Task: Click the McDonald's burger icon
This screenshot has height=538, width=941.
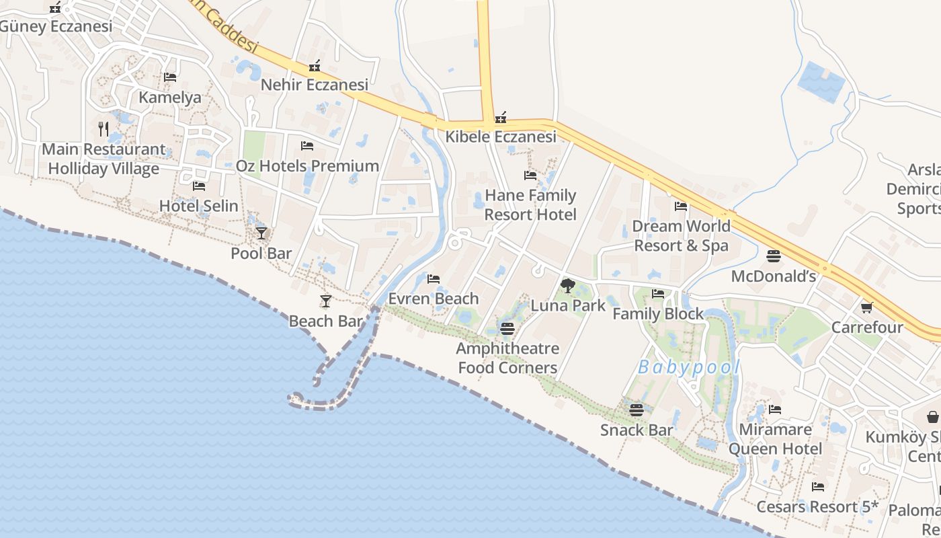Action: click(x=773, y=256)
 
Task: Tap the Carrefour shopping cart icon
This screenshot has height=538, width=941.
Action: click(x=866, y=307)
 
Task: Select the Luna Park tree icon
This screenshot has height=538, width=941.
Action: click(x=568, y=286)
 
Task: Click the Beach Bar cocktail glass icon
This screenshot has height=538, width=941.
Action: click(x=326, y=301)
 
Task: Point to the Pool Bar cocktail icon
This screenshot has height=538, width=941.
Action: click(x=261, y=233)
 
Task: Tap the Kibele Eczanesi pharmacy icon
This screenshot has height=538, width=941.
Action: click(x=501, y=118)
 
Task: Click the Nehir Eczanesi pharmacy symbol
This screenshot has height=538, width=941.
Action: click(x=314, y=66)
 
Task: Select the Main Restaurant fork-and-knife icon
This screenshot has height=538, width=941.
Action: click(x=103, y=128)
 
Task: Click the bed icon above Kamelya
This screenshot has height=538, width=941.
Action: click(x=170, y=77)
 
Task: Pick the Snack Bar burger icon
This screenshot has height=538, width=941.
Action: click(x=636, y=410)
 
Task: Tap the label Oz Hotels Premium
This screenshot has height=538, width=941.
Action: click(x=307, y=165)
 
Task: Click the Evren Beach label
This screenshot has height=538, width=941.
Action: click(x=434, y=298)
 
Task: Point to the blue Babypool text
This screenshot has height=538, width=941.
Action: click(x=688, y=367)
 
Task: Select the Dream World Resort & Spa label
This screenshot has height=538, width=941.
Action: click(x=681, y=235)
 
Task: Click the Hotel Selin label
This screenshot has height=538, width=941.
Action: click(x=198, y=206)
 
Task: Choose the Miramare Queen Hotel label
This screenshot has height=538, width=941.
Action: click(x=775, y=438)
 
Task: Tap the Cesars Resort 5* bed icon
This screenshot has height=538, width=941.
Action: click(x=818, y=487)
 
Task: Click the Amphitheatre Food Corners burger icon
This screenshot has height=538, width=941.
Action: click(x=507, y=329)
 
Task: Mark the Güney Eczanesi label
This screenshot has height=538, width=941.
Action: click(x=56, y=27)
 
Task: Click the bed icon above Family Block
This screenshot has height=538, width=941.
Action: click(x=658, y=294)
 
